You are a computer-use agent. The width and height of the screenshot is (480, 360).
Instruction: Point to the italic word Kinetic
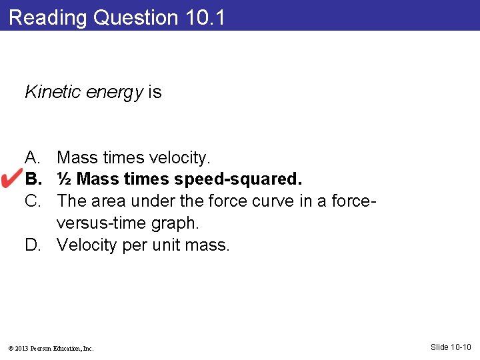click(x=49, y=92)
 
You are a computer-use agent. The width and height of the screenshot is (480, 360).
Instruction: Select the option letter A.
click(x=32, y=158)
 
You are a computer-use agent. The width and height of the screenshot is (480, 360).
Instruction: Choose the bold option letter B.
click(x=32, y=179)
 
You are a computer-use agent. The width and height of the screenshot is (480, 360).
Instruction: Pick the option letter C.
click(x=33, y=201)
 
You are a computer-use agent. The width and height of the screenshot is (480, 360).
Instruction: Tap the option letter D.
click(x=33, y=245)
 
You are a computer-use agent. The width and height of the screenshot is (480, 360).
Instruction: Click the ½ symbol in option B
click(x=65, y=179)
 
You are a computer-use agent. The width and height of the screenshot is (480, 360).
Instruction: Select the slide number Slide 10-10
click(x=451, y=347)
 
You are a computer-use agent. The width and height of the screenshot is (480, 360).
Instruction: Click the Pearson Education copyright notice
click(x=51, y=348)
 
